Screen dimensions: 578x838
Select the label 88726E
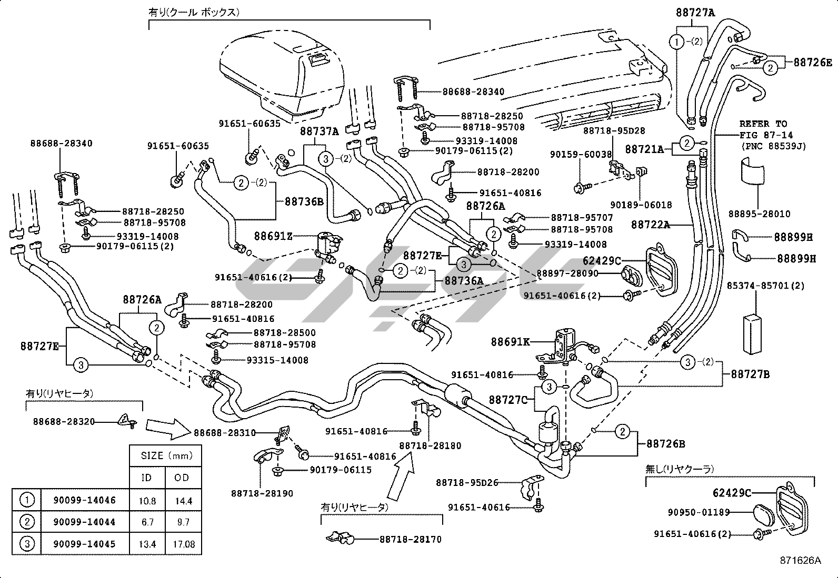click(813, 63)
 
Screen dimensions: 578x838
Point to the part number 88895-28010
click(759, 214)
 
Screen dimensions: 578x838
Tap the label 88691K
click(510, 342)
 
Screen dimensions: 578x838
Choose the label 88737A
click(320, 131)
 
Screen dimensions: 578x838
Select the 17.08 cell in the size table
click(183, 544)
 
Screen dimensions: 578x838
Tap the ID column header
click(147, 478)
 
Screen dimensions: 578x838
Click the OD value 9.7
click(183, 522)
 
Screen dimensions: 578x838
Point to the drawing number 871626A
click(801, 561)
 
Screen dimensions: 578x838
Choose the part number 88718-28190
click(262, 493)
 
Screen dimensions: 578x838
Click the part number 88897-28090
click(568, 273)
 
